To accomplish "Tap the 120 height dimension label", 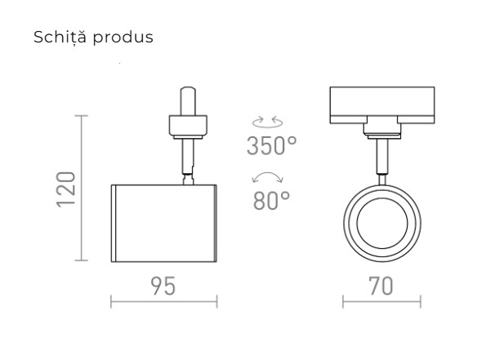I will coord(67,189).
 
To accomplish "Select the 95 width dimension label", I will coord(163,287).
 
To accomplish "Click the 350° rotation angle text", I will coord(271,146).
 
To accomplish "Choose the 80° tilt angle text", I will coord(271,201).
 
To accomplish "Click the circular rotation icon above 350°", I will coord(269,122).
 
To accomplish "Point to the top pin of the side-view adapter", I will coord(186,99).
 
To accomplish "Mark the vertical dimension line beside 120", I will coord(82,189).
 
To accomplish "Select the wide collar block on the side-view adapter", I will coord(186,126).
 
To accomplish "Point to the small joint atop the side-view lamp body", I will coord(189,178).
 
